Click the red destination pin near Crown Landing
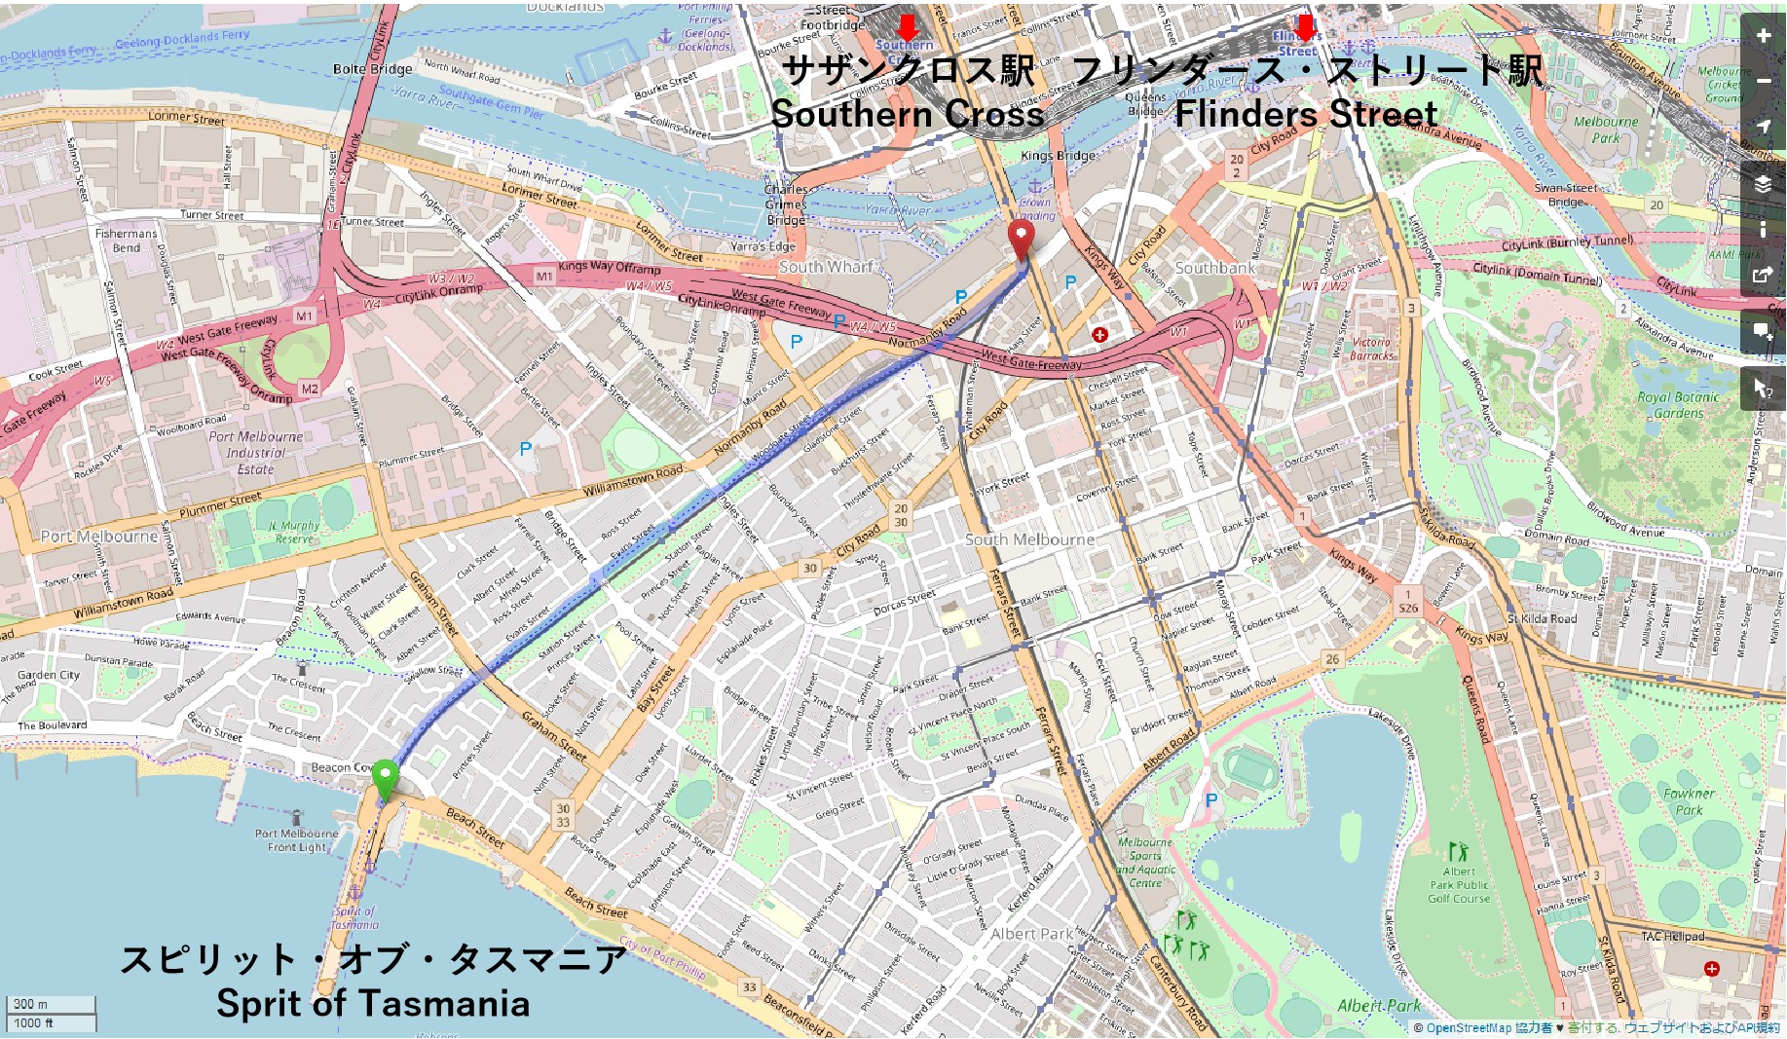coord(1020,237)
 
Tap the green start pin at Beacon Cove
coord(386,777)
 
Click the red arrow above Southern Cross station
coord(907,26)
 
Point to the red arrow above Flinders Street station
coord(1304,27)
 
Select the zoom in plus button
coord(1764,36)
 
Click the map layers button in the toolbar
coord(1764,184)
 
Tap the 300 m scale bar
coord(51,1004)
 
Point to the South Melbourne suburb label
coord(1029,539)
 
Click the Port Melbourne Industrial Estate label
coord(255,453)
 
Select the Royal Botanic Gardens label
coord(1678,405)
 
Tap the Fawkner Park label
coord(1689,801)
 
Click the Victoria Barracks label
coord(1371,349)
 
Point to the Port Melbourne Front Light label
coord(297,840)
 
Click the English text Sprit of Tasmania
coord(373,1003)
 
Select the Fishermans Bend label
coord(126,241)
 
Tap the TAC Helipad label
coord(1672,937)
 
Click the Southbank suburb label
coord(1214,268)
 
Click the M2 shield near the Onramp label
coord(309,390)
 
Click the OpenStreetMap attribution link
coord(1469,1028)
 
